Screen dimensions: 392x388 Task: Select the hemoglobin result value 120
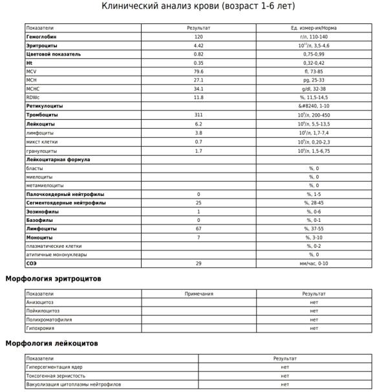(199, 38)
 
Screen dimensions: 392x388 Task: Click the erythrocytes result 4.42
(199, 46)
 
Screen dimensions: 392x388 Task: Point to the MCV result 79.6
(199, 72)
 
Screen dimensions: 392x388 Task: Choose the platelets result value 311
(199, 114)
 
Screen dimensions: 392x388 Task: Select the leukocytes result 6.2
(199, 124)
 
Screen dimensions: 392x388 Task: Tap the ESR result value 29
(199, 263)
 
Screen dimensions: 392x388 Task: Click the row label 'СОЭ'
(31, 263)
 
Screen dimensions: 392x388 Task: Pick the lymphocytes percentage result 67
(199, 228)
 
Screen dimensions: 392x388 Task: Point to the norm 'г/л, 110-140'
(314, 38)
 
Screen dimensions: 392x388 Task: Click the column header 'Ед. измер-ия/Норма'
(314, 28)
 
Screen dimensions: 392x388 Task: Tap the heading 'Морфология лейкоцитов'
(52, 343)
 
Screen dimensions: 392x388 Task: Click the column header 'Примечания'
(199, 294)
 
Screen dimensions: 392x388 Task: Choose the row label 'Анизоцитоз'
(40, 302)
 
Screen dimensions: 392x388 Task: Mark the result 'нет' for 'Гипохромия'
(314, 328)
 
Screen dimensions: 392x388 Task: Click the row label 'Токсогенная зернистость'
(55, 375)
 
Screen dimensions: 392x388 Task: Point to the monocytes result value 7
(199, 237)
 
